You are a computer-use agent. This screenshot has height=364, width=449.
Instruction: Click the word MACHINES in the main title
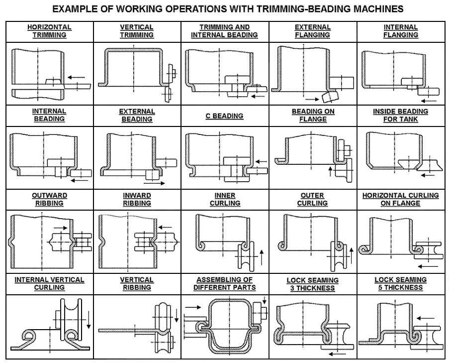click(378, 9)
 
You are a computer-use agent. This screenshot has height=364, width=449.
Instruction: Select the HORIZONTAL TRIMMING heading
click(49, 31)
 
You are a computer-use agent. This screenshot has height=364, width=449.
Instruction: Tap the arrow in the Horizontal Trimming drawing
click(77, 77)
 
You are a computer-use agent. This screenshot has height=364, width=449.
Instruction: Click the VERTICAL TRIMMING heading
click(137, 31)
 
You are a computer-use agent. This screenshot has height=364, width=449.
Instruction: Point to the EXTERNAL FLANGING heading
click(312, 31)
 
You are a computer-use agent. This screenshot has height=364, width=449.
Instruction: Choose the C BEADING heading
click(225, 116)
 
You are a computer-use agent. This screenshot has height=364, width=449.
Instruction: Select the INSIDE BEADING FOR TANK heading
click(400, 116)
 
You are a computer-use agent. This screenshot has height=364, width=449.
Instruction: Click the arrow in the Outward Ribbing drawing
click(61, 228)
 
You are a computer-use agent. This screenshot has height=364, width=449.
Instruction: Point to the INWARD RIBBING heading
click(137, 199)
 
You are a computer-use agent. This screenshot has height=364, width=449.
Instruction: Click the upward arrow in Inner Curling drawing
click(261, 257)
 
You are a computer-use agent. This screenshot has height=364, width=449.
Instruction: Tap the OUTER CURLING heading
click(312, 199)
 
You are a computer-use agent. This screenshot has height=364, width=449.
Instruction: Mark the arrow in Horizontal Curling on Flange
click(428, 266)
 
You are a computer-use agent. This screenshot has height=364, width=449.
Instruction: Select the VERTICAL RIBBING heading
click(137, 284)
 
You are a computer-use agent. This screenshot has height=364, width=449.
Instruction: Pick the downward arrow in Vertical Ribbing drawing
click(177, 315)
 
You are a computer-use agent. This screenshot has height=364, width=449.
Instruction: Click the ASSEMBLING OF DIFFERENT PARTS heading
click(225, 284)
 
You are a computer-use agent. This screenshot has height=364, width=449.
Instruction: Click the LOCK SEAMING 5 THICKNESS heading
click(400, 284)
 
